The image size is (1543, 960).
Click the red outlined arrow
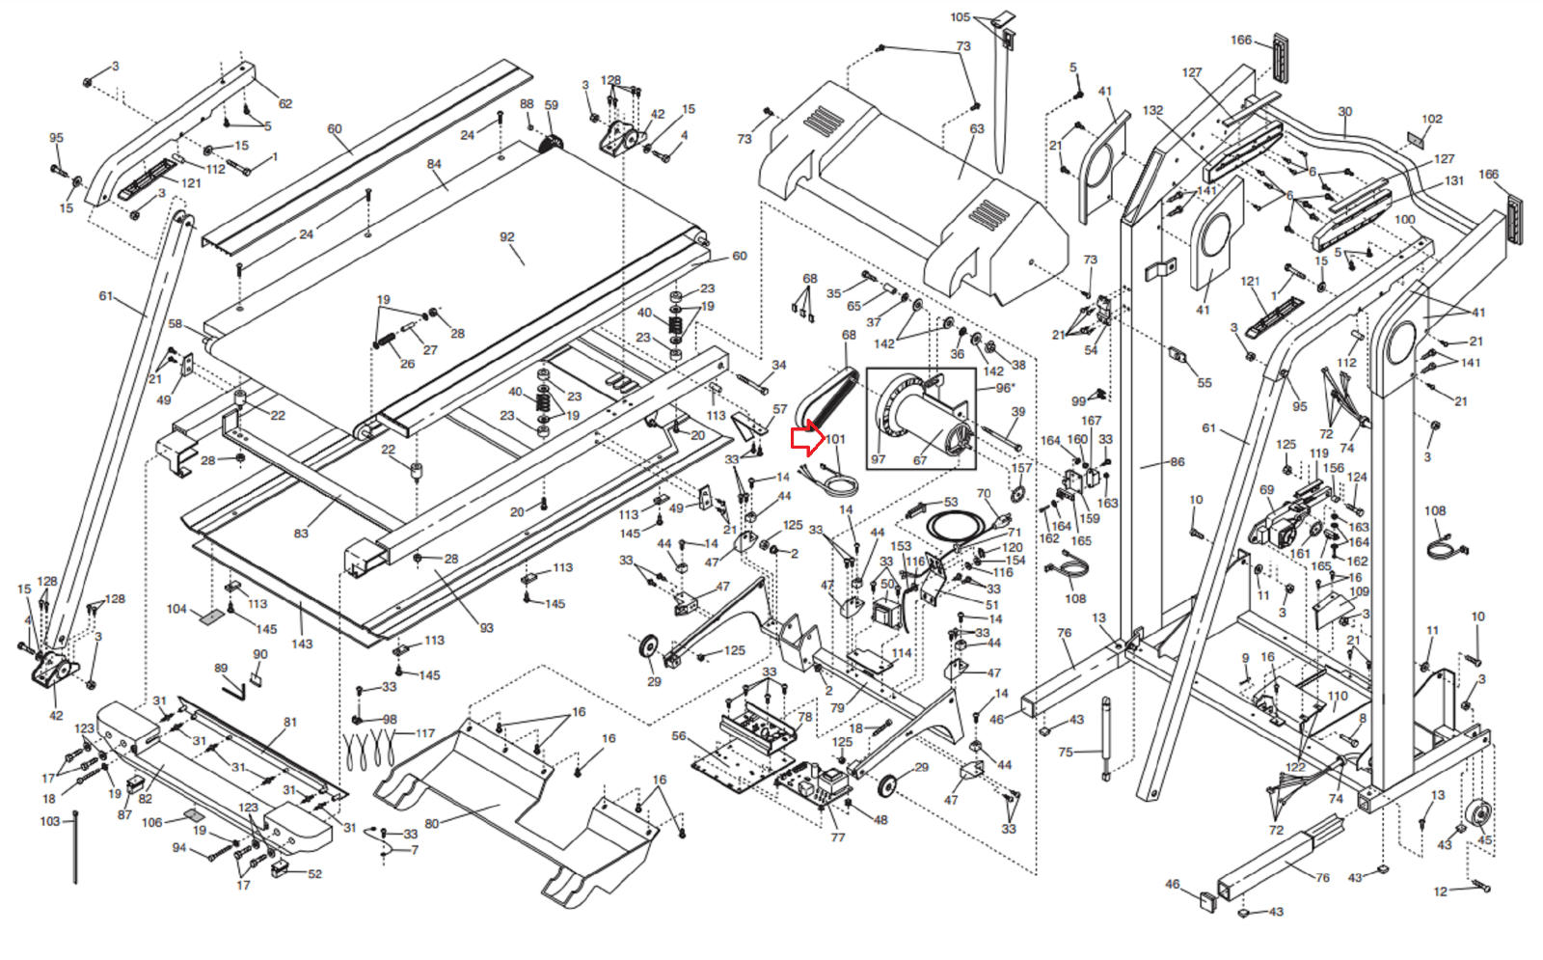pyautogui.click(x=805, y=440)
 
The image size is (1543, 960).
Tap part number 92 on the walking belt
pyautogui.click(x=507, y=236)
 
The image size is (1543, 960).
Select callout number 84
pyautogui.click(x=434, y=164)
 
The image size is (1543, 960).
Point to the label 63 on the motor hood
pyautogui.click(x=977, y=128)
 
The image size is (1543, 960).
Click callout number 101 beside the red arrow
pyautogui.click(x=835, y=439)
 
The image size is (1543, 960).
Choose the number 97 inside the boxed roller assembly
pyautogui.click(x=878, y=459)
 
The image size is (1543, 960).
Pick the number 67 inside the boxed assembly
pyautogui.click(x=920, y=460)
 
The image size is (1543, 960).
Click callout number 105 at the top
pyautogui.click(x=960, y=17)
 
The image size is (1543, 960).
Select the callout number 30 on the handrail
pyautogui.click(x=1345, y=112)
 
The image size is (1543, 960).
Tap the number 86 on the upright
pyautogui.click(x=1178, y=462)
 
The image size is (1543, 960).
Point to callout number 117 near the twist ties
pyautogui.click(x=425, y=733)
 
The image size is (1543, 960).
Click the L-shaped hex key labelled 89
pyautogui.click(x=233, y=689)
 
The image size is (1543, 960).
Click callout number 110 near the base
pyautogui.click(x=1338, y=696)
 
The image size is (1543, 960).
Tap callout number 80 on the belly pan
pyautogui.click(x=431, y=823)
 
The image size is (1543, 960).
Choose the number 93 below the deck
pyautogui.click(x=486, y=628)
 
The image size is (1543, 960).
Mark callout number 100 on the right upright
pyautogui.click(x=1405, y=220)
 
